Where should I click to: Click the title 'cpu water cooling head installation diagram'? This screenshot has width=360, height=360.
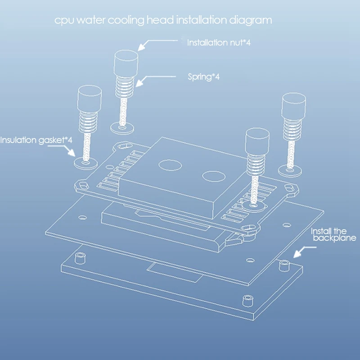tap(162, 21)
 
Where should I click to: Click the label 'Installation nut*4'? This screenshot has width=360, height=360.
tap(213, 43)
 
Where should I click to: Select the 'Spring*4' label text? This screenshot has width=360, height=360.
tap(203, 77)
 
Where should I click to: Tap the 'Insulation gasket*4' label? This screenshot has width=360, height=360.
tap(36, 140)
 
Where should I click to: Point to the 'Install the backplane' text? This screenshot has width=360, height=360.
tap(334, 235)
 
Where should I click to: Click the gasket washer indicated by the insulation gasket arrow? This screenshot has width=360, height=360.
tap(84, 160)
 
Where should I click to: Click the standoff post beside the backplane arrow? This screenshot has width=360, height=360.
tap(283, 265)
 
